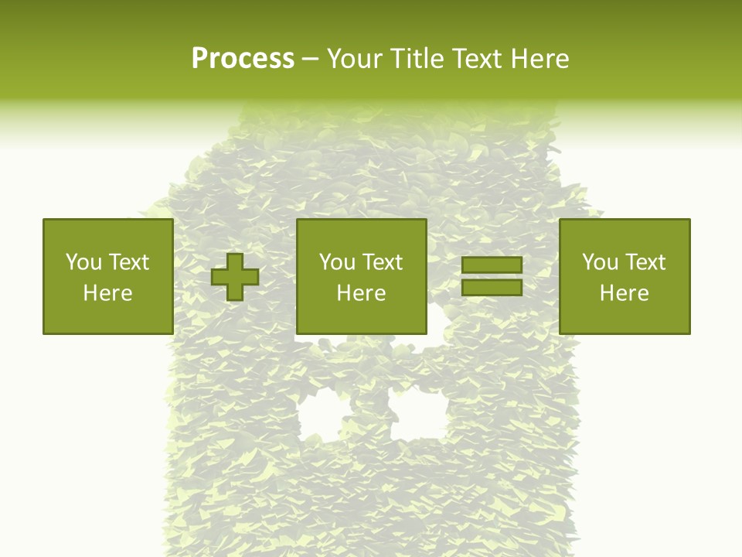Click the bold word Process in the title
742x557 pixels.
(x=243, y=59)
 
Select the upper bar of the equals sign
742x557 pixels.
(x=492, y=265)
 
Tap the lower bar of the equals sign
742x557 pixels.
(x=492, y=288)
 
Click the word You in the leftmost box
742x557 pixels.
(x=83, y=262)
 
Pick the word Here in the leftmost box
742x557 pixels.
(x=107, y=293)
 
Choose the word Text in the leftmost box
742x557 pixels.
(x=128, y=262)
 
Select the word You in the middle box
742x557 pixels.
(x=337, y=262)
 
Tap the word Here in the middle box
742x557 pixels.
(x=361, y=293)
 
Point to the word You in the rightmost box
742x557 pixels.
(x=600, y=262)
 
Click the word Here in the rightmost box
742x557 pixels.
(x=624, y=293)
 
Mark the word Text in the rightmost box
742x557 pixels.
(x=645, y=262)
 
